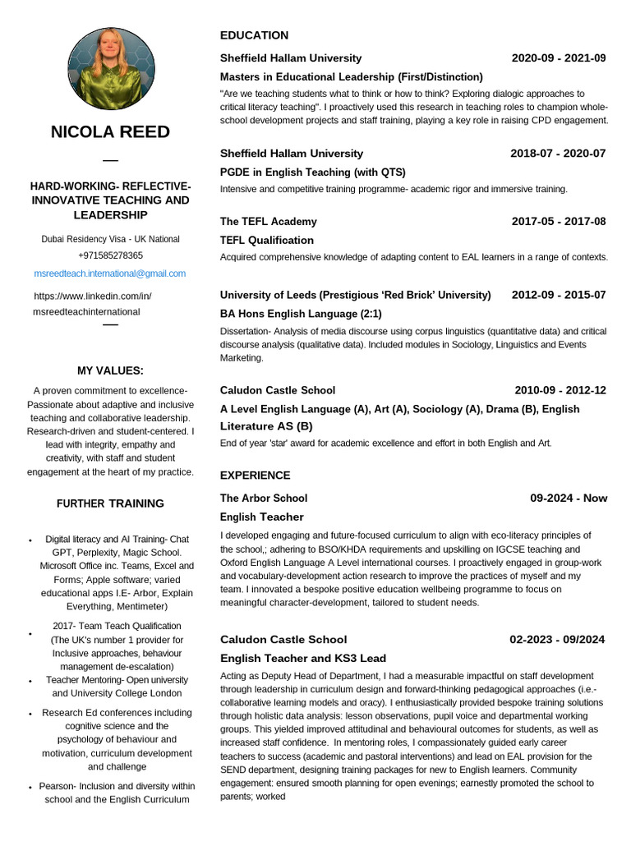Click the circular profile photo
[x=110, y=69]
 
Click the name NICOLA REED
[x=110, y=132]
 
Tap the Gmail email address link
[x=110, y=273]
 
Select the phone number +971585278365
[x=110, y=256]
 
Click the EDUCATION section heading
[x=254, y=35]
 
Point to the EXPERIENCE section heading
[x=255, y=476]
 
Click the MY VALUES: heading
[x=110, y=370]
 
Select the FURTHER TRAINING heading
[x=110, y=503]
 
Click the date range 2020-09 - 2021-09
[x=558, y=58]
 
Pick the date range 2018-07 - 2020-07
[x=558, y=154]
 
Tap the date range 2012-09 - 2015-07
[x=558, y=295]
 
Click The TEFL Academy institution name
[x=268, y=222]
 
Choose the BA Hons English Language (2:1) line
[x=301, y=314]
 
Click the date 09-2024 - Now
[x=569, y=498]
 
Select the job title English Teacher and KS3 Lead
[x=302, y=659]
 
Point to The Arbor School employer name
[x=263, y=498]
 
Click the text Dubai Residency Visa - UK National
[x=110, y=239]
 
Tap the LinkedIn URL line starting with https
[x=93, y=296]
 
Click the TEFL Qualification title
[x=267, y=241]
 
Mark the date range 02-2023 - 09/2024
[x=557, y=640]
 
